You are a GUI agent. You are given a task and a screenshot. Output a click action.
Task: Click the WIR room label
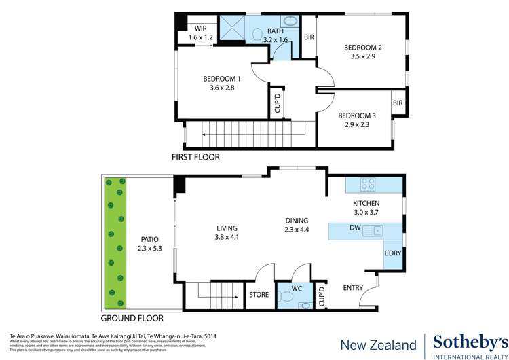tap(200, 29)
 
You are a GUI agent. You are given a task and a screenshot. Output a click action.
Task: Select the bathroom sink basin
tap(290, 22)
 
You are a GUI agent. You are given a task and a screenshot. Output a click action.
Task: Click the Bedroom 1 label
tap(222, 79)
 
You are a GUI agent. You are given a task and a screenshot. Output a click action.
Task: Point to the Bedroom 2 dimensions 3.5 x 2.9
tap(362, 56)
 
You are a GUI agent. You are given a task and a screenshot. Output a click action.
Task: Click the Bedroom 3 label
tap(357, 115)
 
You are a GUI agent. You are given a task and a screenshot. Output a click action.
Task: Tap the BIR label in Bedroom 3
tap(398, 103)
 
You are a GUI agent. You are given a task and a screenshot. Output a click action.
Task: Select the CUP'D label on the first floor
tap(277, 105)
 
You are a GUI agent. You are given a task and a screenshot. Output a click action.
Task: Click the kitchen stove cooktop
tap(369, 184)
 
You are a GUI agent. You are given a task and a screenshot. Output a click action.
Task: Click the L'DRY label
tap(394, 253)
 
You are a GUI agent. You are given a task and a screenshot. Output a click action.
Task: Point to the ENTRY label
tap(353, 288)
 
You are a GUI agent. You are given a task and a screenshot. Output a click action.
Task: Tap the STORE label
tap(259, 295)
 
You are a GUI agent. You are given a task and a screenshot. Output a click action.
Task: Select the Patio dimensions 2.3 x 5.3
tap(149, 249)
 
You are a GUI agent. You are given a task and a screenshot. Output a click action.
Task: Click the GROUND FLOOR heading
tap(132, 318)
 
